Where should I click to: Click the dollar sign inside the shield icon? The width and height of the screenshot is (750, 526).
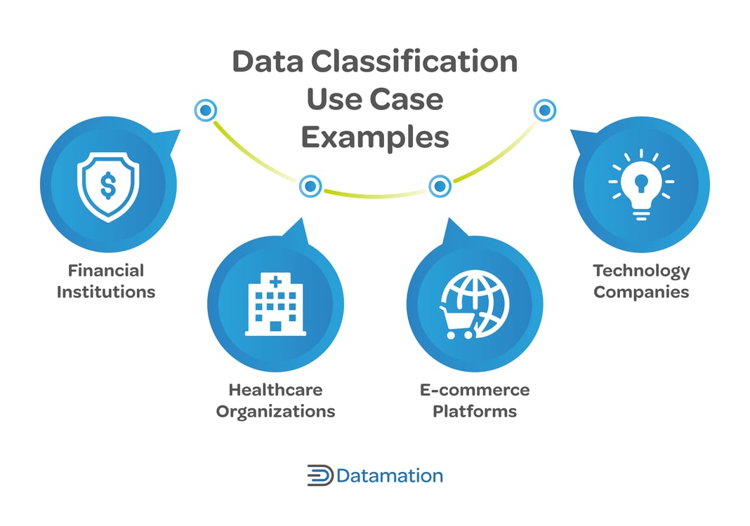(x=108, y=184)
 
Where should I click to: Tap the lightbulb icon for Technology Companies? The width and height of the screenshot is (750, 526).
(x=641, y=185)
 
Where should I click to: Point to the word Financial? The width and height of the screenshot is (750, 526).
(x=106, y=271)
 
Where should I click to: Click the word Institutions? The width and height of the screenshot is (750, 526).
(x=106, y=292)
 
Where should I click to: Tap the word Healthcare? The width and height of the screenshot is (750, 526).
(x=275, y=389)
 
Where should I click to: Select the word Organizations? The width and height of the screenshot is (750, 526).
(x=275, y=411)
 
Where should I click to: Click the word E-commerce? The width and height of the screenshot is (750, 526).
(x=475, y=389)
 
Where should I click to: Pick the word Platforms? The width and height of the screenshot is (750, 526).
(x=475, y=411)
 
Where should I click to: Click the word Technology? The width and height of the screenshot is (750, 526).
(x=641, y=271)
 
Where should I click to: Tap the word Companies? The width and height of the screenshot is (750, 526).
(x=641, y=292)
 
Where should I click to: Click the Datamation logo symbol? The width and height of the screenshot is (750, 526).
(x=320, y=476)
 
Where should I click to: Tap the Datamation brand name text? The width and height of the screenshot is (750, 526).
(x=390, y=476)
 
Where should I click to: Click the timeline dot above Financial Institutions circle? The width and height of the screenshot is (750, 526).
(x=206, y=110)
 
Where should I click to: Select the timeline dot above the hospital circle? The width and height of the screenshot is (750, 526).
(x=310, y=187)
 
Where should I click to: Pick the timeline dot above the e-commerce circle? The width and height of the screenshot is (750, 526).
(x=440, y=187)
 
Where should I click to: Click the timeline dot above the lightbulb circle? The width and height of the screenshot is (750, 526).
(x=544, y=110)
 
